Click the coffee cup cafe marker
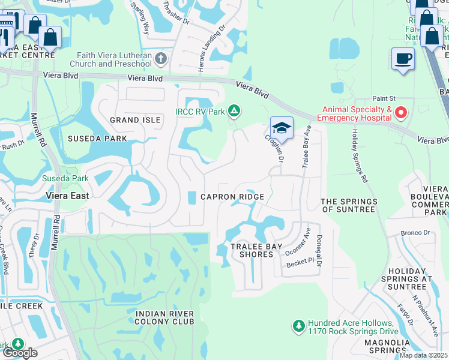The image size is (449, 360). click(x=403, y=59)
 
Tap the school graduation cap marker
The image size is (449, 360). click(x=281, y=128)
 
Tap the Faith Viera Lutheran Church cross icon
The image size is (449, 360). click(x=160, y=59)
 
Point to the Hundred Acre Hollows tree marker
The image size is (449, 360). click(x=298, y=326)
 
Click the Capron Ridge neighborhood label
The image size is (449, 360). click(x=232, y=197)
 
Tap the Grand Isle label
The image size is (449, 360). click(x=135, y=120)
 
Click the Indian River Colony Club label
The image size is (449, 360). click(x=164, y=317)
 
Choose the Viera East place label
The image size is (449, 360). click(x=68, y=196)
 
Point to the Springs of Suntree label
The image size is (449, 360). click(x=349, y=205)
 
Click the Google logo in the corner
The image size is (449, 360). click(x=20, y=353)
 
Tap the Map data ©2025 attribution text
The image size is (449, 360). click(x=424, y=355)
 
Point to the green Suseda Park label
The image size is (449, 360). click(x=65, y=178)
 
